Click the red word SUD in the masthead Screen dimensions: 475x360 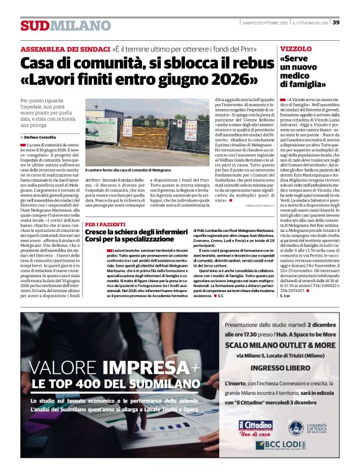click(34, 26)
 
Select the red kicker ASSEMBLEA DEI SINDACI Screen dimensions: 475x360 click(64, 49)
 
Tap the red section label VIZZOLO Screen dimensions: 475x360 click(295, 48)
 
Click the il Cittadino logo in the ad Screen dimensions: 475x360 click(255, 427)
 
